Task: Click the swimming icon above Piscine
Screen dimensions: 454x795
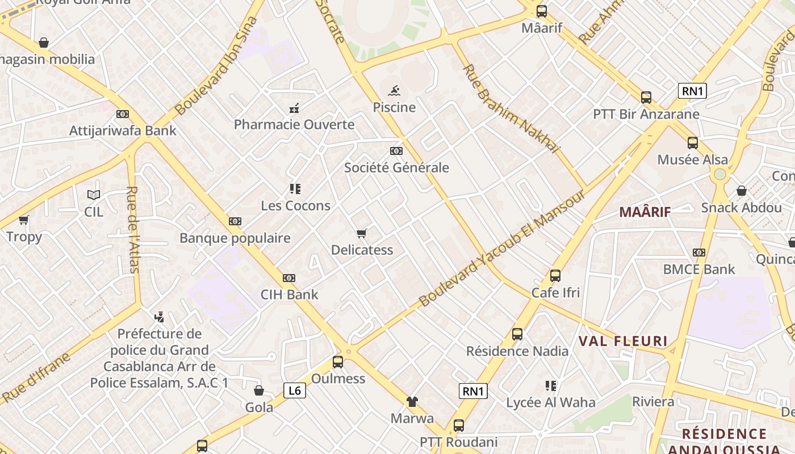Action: click(x=395, y=91)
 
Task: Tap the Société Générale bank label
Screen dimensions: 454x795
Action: click(x=396, y=167)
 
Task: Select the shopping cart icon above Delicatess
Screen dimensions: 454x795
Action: click(x=361, y=233)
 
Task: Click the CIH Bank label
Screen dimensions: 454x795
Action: click(x=289, y=295)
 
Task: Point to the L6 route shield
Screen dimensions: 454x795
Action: click(x=294, y=390)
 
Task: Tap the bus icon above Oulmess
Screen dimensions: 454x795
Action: click(x=338, y=361)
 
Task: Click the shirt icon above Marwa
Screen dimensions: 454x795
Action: click(x=412, y=402)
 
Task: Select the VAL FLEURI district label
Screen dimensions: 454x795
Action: click(x=623, y=341)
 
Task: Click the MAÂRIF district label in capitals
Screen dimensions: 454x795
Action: click(x=645, y=212)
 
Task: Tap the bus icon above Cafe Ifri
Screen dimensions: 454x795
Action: click(x=555, y=276)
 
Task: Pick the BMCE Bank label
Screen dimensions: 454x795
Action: click(x=699, y=269)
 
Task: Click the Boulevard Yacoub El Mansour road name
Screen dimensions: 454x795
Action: click(x=502, y=248)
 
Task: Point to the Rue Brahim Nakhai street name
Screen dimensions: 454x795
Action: click(x=511, y=108)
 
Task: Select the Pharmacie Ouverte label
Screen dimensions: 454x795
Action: click(x=294, y=124)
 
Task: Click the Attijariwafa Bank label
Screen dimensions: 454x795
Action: click(x=123, y=131)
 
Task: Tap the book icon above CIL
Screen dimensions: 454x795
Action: click(x=94, y=195)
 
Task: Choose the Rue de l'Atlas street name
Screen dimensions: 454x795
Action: click(x=133, y=229)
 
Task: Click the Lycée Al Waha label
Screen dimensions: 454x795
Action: click(x=550, y=402)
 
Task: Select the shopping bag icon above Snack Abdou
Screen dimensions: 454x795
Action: click(x=741, y=191)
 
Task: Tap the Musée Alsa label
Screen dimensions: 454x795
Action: click(x=692, y=159)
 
